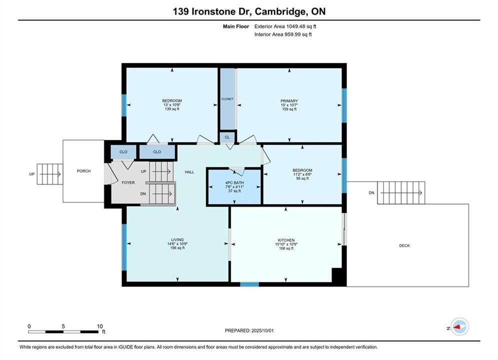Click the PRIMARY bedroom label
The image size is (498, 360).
tap(289, 101)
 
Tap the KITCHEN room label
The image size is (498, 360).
tap(286, 240)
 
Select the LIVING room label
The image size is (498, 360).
tap(177, 240)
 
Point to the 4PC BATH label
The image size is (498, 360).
tap(234, 182)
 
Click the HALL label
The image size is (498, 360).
tap(189, 172)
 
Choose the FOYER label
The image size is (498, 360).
tap(128, 182)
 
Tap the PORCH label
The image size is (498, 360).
tap(84, 171)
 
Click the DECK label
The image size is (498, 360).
tap(404, 245)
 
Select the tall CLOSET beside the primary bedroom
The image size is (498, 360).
tap(227, 99)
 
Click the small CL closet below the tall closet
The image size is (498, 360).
tap(227, 137)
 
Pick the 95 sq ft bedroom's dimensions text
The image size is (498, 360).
tap(302, 174)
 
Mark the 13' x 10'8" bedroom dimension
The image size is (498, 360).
tap(172, 105)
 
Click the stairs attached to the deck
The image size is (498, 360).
tap(401, 193)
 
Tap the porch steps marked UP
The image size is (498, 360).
tap(50, 174)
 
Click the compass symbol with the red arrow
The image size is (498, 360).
tap(459, 326)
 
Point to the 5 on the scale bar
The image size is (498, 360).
tap(64, 326)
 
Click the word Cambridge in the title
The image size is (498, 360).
tap(280, 11)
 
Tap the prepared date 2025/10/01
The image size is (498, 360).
tap(262, 330)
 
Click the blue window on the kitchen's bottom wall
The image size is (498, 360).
tap(249, 284)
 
